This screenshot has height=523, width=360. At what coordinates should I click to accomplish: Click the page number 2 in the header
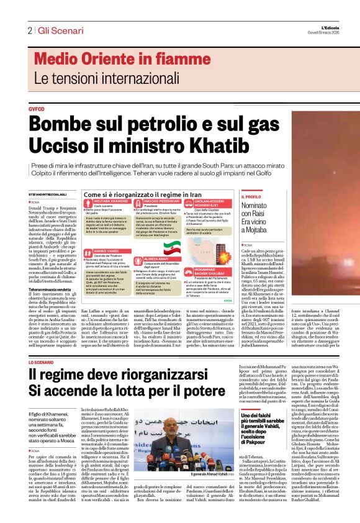point(29,30)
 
